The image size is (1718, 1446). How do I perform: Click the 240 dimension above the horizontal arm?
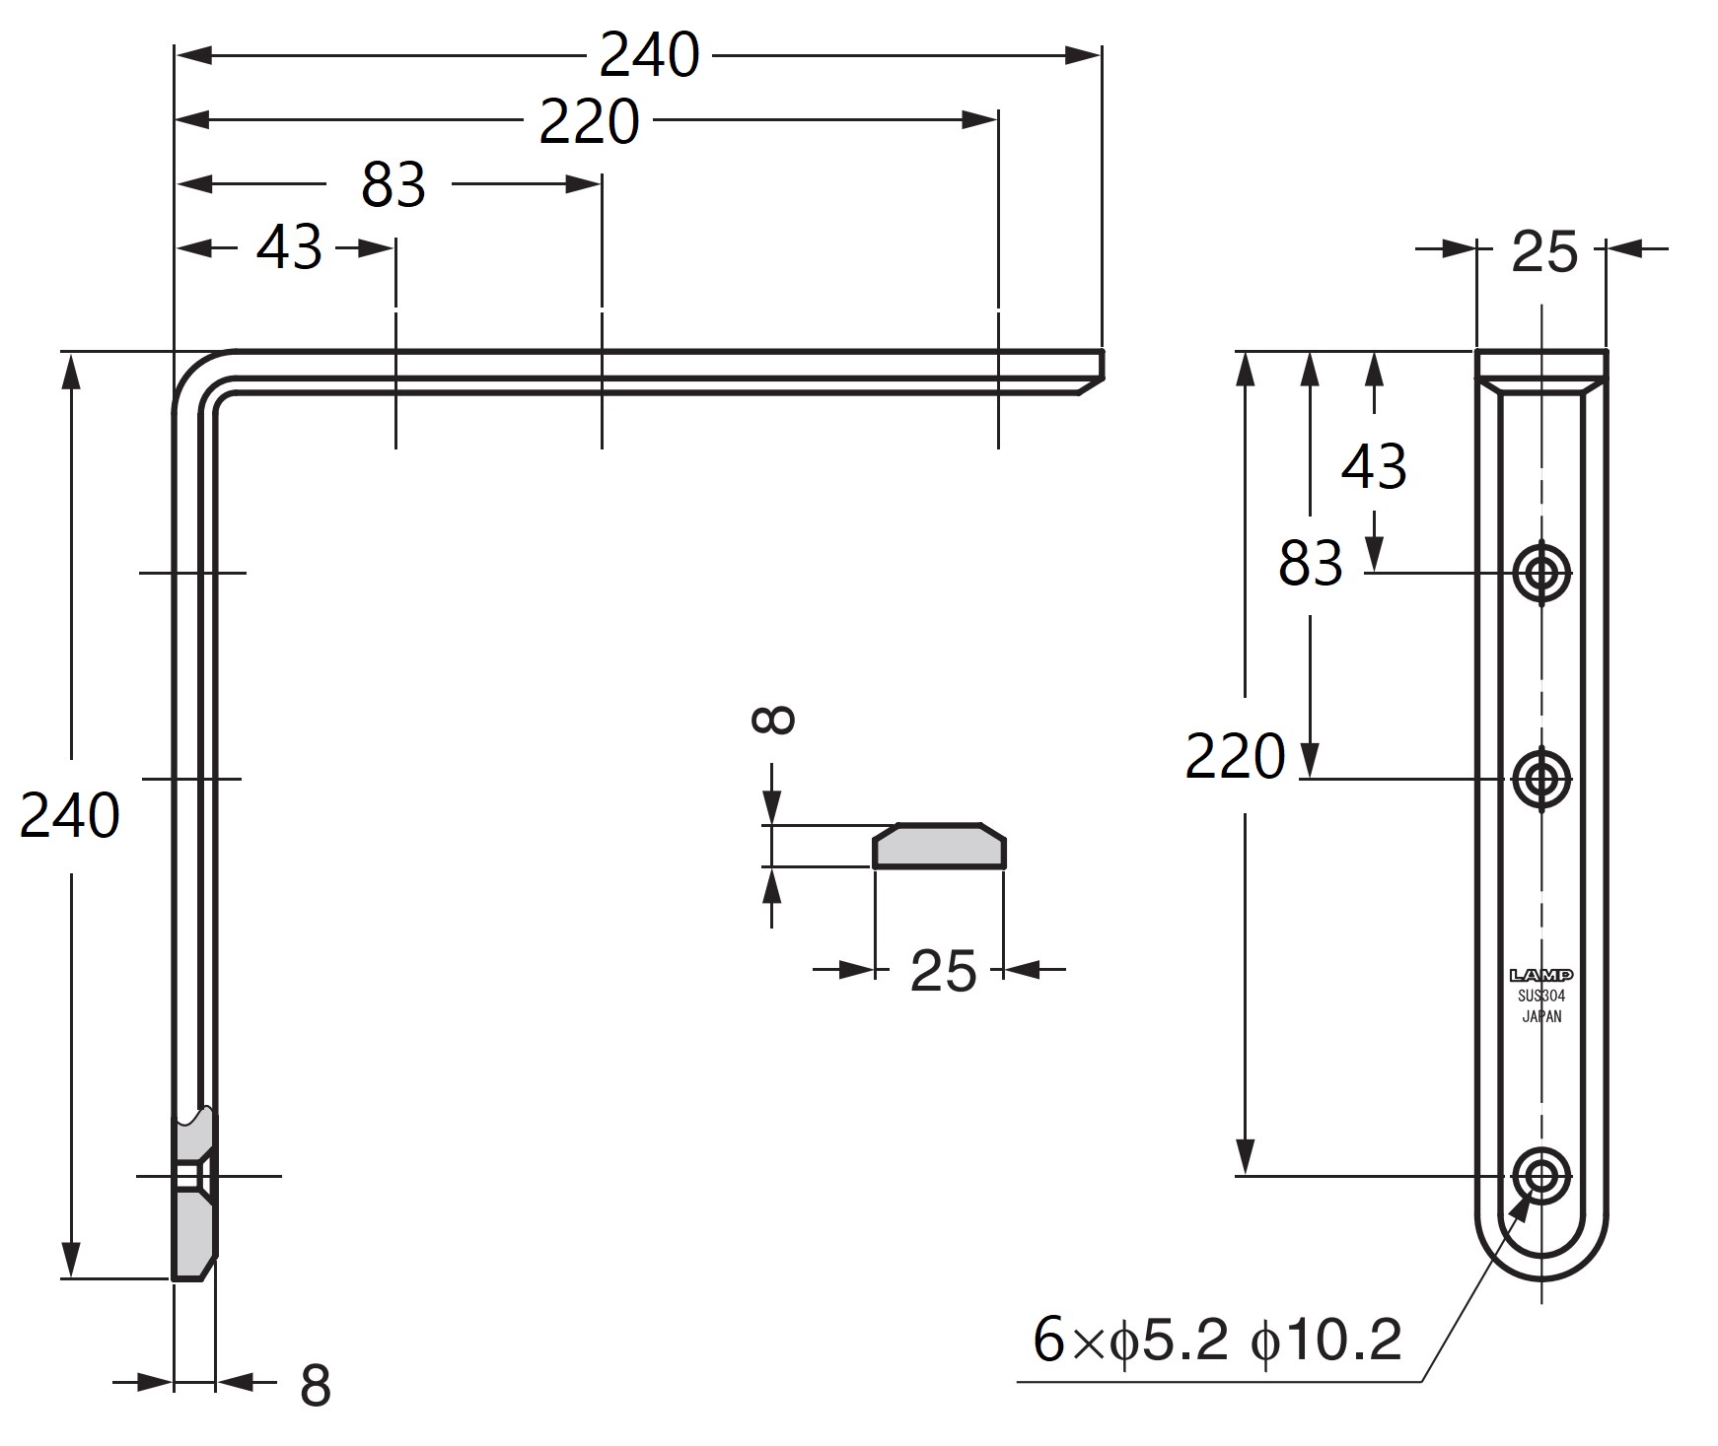point(649,55)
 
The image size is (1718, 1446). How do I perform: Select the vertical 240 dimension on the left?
point(70,815)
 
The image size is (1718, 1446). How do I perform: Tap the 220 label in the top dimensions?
point(590,122)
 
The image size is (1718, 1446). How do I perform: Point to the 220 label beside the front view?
point(1235,757)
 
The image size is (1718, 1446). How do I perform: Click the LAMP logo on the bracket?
point(1541,976)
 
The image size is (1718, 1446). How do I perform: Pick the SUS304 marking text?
point(1541,997)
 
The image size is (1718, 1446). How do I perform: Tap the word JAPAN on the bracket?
point(1541,1017)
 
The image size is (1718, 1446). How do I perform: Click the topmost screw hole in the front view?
point(1541,573)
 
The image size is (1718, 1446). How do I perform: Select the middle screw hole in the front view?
point(1541,779)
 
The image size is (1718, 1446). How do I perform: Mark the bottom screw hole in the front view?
point(1541,1175)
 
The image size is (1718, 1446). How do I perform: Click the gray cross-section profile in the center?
point(939,846)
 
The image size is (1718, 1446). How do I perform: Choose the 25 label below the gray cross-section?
point(943,971)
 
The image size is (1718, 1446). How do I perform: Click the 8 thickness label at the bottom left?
point(315,1385)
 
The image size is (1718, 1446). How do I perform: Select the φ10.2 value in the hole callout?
point(1326,1340)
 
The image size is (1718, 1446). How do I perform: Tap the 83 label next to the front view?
point(1311,564)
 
